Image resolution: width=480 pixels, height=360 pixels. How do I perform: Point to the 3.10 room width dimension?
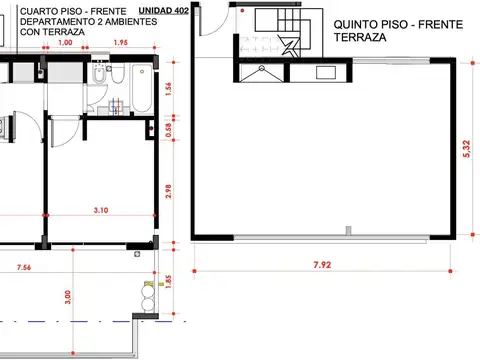pyautogui.click(x=101, y=210)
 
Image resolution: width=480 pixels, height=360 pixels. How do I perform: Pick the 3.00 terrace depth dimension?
pyautogui.click(x=68, y=298)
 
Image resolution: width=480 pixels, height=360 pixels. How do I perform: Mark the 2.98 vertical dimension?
pyautogui.click(x=168, y=191)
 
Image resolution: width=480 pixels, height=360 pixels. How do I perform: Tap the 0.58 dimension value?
pyautogui.click(x=168, y=128)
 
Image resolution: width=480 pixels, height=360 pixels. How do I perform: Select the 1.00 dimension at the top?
pyautogui.click(x=65, y=43)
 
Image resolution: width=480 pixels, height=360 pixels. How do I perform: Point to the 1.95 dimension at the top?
pyautogui.click(x=121, y=43)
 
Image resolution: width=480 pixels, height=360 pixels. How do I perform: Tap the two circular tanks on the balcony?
pyautogui.click(x=149, y=296)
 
